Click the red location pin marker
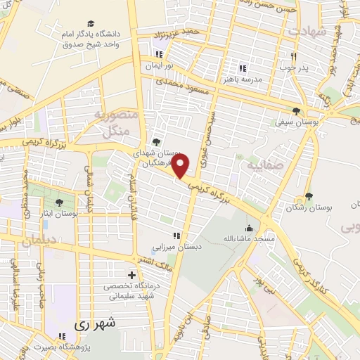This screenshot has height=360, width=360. (x=181, y=166)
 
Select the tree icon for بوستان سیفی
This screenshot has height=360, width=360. (x=297, y=111)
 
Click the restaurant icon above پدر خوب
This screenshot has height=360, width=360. (x=293, y=57)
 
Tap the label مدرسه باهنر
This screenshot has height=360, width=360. (x=243, y=79)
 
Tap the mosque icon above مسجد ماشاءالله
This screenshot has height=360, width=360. (x=248, y=227)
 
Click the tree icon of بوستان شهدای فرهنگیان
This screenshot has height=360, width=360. (x=156, y=143)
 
